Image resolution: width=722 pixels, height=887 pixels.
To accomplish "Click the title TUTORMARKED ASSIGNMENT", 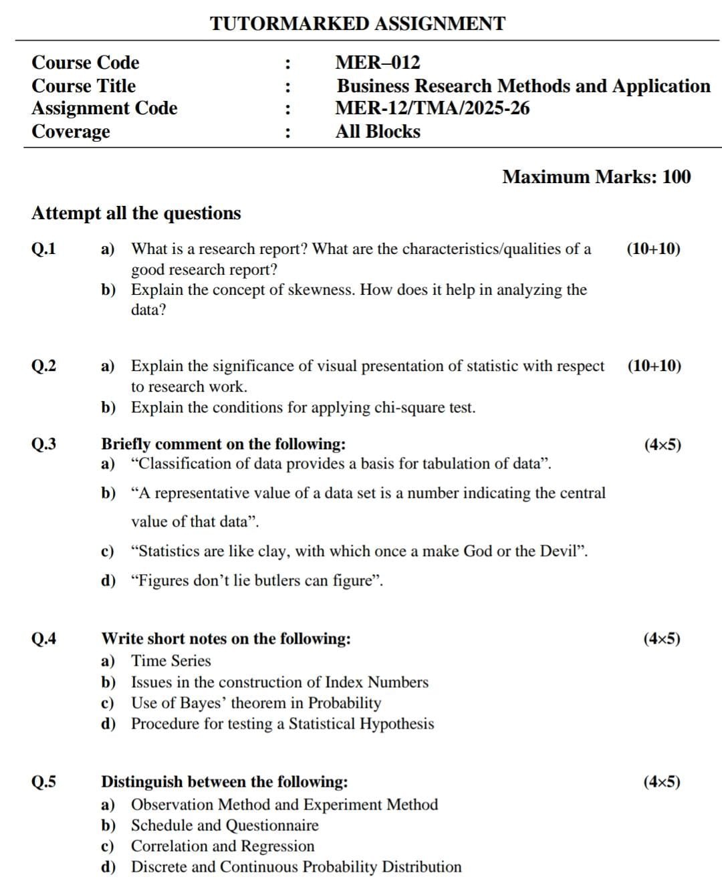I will click(x=358, y=23).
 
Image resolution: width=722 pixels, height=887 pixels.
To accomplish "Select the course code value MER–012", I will click(x=378, y=63).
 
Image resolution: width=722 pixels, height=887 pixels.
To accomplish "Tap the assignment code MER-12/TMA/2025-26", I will click(x=432, y=108).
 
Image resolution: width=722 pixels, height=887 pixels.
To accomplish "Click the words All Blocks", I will click(x=378, y=132).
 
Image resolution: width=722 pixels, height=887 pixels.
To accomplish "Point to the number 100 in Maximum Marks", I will click(x=677, y=177).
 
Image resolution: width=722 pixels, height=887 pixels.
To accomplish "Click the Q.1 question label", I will click(x=44, y=249).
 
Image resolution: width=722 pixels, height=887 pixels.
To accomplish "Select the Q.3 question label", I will click(x=44, y=445).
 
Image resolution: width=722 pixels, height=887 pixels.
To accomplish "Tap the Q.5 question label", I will click(x=44, y=782).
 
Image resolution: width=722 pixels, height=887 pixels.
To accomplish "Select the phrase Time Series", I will click(x=170, y=661).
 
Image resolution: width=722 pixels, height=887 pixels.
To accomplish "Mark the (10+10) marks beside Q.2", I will click(x=654, y=366).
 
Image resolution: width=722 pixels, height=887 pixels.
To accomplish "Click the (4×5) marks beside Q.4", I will click(x=662, y=639).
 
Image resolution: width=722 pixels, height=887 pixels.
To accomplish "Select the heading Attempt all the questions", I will click(x=136, y=213).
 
